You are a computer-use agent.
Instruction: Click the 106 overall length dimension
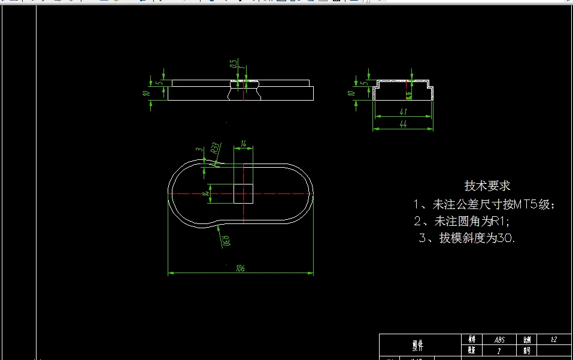[x=241, y=268]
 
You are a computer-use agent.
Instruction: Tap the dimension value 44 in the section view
[x=403, y=123]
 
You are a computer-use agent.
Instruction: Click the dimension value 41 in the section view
[x=403, y=112]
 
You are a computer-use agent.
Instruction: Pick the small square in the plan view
[x=243, y=193]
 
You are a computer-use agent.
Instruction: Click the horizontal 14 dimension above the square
[x=243, y=144]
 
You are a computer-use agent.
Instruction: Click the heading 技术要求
[x=487, y=186]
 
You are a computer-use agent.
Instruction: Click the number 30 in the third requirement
[x=507, y=238]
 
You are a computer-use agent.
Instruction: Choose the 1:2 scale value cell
[x=554, y=340]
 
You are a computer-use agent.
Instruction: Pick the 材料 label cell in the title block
[x=471, y=340]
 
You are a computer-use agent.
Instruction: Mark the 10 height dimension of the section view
[x=351, y=93]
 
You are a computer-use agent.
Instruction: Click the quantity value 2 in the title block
[x=499, y=351]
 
